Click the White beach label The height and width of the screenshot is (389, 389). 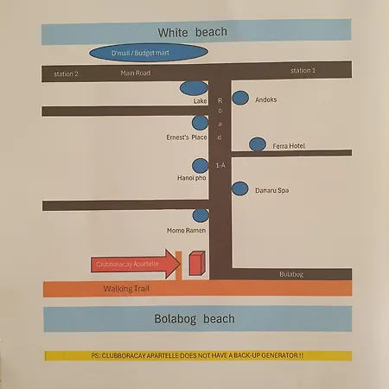pos(192,32)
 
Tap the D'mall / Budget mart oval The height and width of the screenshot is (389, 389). pos(149,53)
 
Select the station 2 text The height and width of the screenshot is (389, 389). pos(66,74)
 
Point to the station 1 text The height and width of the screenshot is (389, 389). pos(303,71)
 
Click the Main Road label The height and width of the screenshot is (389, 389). pos(136,73)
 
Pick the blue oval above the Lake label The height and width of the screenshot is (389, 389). pos(194,88)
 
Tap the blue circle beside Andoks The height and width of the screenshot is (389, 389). pos(240,98)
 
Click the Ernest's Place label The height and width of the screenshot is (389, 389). pos(187,137)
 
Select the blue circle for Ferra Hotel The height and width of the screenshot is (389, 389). pos(258,144)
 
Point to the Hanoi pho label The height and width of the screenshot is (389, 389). pos(192,178)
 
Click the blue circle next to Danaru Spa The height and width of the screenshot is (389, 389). pos(240,188)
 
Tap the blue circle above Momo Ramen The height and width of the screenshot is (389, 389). pos(201,215)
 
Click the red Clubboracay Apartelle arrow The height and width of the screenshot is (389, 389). pos(136,264)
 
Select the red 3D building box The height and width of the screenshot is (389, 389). pos(197,263)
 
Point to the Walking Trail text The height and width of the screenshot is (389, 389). pos(126,289)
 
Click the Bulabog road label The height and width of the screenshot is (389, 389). pos(291,274)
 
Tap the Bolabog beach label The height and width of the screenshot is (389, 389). pos(194,319)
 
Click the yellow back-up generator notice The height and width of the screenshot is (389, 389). pos(198,355)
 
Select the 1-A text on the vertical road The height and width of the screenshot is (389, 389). pos(220,165)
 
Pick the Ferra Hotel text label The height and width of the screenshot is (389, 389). pos(289,146)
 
